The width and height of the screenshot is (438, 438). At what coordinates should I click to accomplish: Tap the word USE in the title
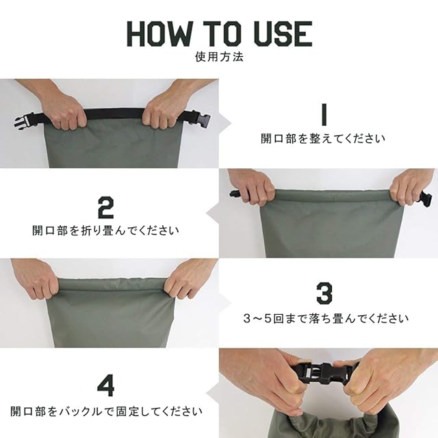(283, 34)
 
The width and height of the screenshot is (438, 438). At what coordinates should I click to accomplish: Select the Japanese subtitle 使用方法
(219, 57)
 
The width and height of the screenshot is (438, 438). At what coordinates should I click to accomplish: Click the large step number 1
(324, 114)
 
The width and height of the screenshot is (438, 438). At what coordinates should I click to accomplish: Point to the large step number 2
(106, 207)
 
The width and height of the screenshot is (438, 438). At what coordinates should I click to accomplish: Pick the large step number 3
(324, 293)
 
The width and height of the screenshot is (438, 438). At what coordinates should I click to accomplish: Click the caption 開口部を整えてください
(323, 138)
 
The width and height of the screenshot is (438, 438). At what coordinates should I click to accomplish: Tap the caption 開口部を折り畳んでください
(105, 231)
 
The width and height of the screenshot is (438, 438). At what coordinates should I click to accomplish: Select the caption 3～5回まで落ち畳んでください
(326, 318)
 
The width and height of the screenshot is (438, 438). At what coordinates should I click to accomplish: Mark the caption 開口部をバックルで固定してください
(106, 411)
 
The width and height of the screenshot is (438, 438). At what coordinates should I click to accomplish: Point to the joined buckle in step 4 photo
(315, 371)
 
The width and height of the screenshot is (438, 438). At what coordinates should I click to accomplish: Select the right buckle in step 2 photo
(425, 197)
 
